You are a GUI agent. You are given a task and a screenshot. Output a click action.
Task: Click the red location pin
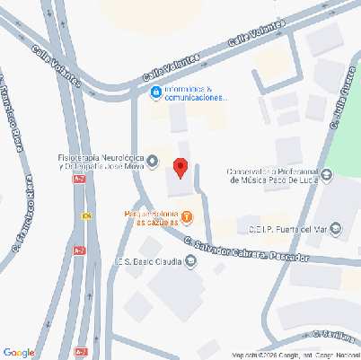coord(180,167)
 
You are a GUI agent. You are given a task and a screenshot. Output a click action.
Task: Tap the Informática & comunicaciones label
coord(197,93)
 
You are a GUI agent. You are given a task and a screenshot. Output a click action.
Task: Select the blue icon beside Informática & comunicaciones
coord(156,92)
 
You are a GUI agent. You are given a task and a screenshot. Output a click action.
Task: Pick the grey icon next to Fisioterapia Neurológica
coord(153,162)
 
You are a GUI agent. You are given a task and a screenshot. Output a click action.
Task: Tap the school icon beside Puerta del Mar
coord(336,229)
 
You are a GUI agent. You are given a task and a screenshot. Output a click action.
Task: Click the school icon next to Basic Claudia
coord(190,263)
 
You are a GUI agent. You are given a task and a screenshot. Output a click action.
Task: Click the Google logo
coord(19,352)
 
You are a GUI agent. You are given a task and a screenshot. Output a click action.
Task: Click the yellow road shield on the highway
coord(86,215)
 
